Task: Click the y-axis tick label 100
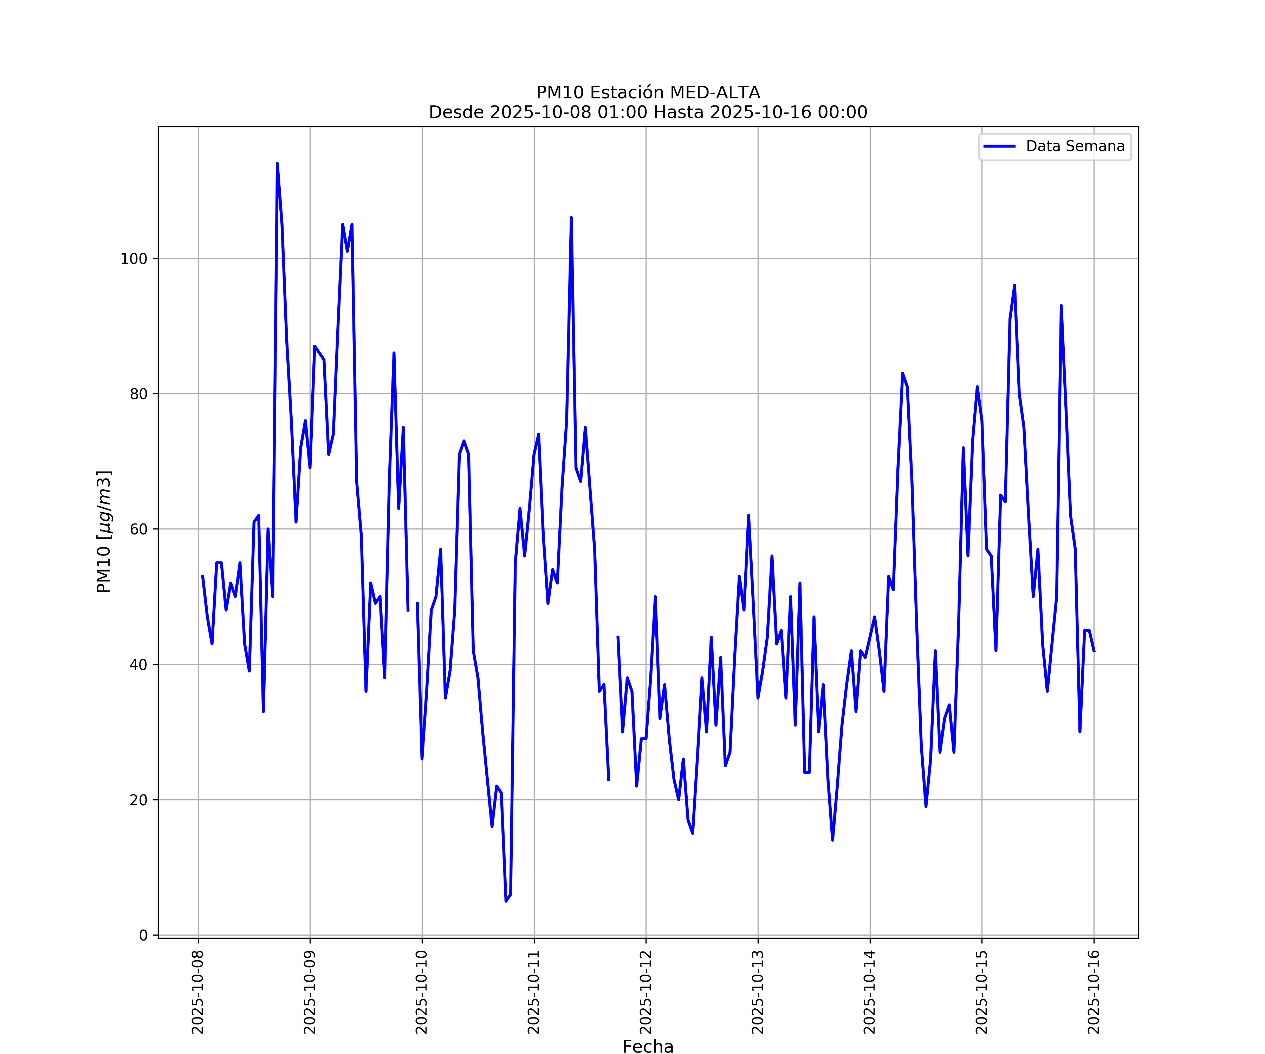[x=134, y=259]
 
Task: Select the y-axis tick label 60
[x=138, y=529]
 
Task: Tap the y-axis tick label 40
[x=138, y=665]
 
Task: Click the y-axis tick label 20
[x=138, y=800]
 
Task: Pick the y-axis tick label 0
[x=143, y=935]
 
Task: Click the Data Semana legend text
[x=1075, y=147]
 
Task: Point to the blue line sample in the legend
[x=999, y=147]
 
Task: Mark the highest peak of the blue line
[x=277, y=164]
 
